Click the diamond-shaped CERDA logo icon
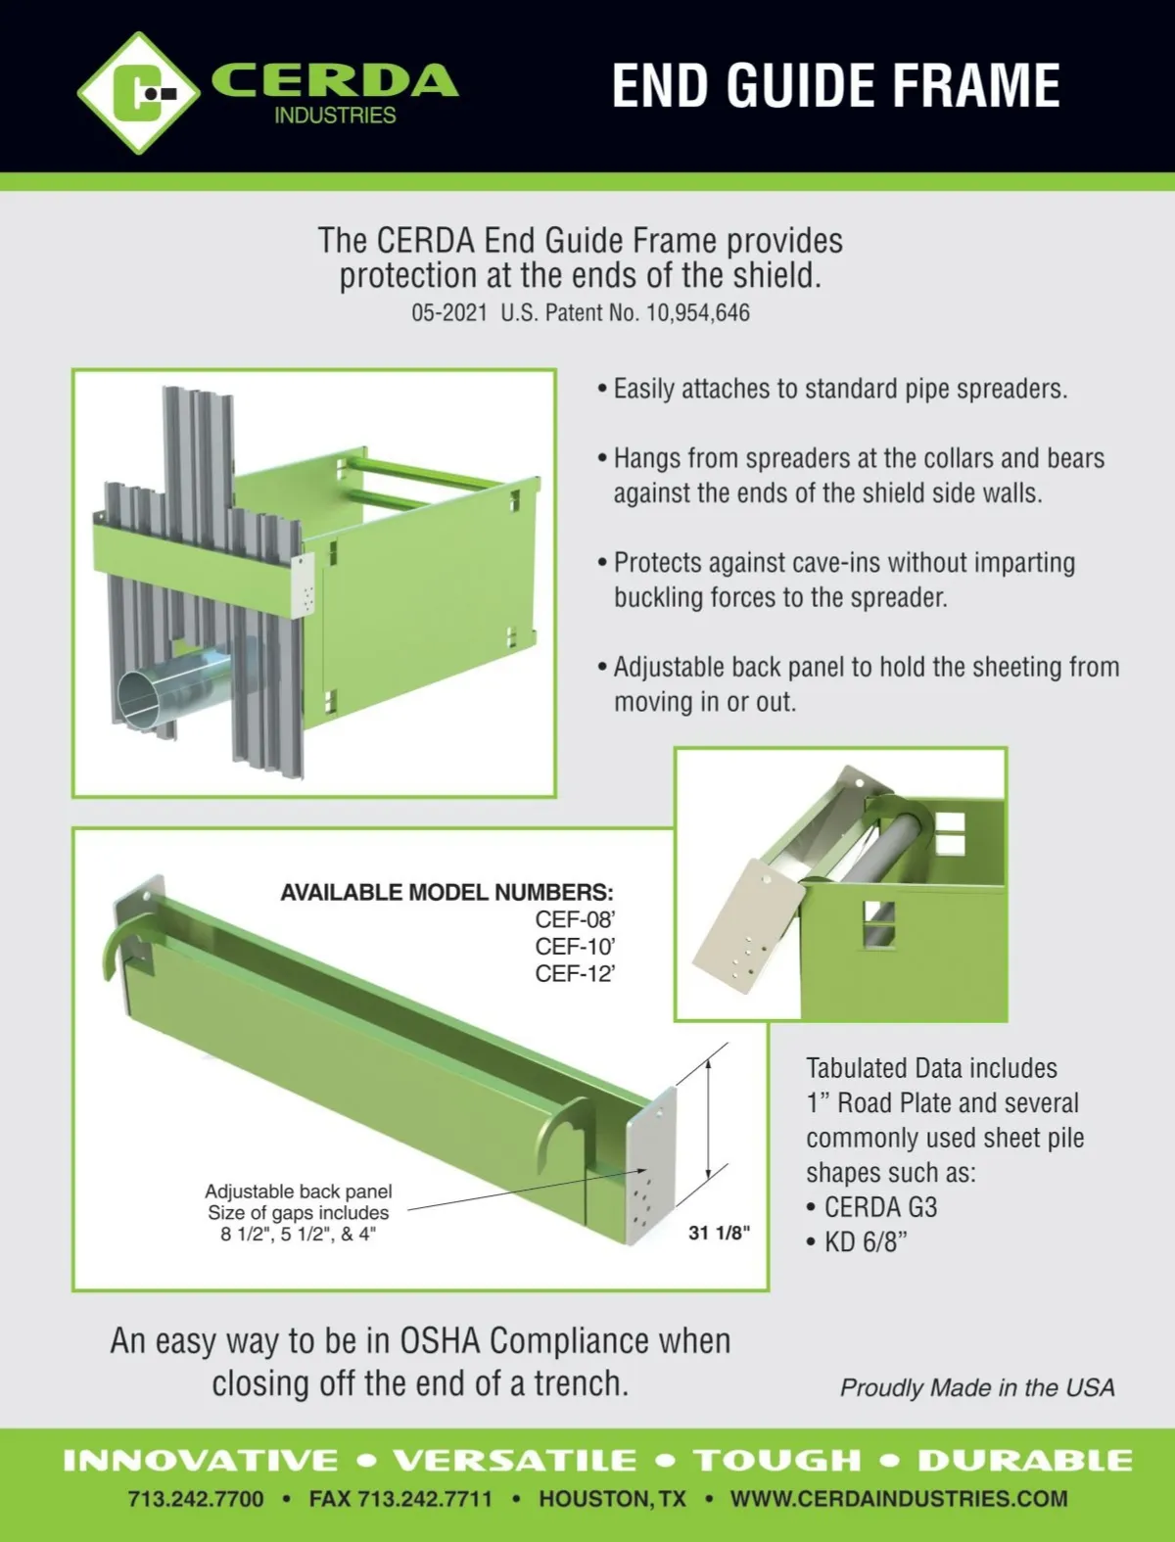138,93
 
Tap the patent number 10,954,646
697,312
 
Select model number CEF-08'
575,919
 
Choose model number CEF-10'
575,947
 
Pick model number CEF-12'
575,974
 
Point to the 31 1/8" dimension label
719,1233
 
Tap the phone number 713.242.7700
196,1499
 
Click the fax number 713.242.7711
400,1499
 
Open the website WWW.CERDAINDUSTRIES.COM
899,1499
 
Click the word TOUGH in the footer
777,1460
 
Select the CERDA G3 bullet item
871,1207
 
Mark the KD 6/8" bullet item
857,1242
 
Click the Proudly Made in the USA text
977,1387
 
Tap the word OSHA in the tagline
440,1340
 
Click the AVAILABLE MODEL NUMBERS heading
446,892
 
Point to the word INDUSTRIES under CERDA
335,116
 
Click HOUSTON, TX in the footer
612,1499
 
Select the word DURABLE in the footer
1025,1460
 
